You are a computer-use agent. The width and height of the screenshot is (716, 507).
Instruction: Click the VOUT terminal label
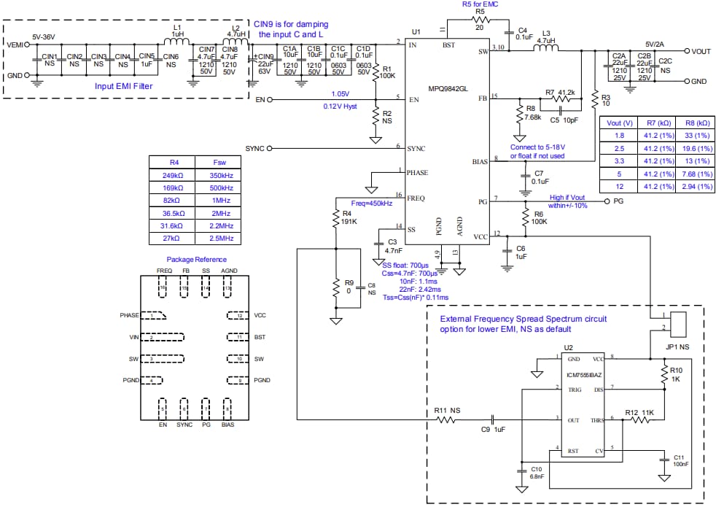click(x=701, y=52)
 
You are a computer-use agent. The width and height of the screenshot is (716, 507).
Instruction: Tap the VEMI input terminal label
click(x=15, y=45)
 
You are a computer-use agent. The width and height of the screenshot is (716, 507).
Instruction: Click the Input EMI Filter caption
click(x=130, y=85)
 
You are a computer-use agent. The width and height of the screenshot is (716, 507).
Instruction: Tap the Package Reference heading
click(x=196, y=259)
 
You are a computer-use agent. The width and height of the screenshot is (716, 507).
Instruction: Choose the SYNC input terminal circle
click(x=269, y=148)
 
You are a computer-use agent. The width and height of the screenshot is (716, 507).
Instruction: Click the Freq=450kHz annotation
click(x=372, y=203)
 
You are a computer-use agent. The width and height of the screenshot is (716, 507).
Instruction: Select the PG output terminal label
click(x=618, y=200)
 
